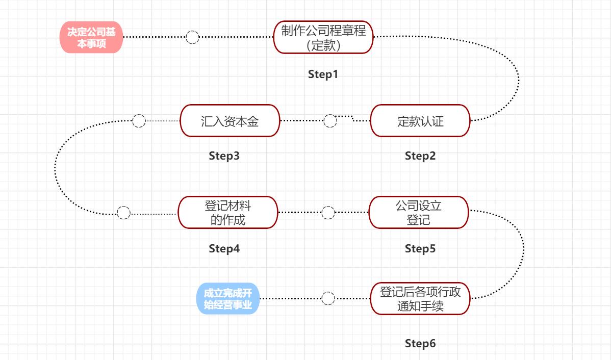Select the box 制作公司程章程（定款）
coord(323,37)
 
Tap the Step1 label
coord(323,74)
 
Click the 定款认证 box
coord(420,121)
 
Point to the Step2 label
coord(420,156)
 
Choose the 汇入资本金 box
coord(230,121)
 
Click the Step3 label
coord(224,156)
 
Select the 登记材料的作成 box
coord(228,213)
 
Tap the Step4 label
coord(224,249)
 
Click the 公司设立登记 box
coord(419,213)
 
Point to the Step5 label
coord(420,249)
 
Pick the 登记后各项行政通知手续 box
coord(420,299)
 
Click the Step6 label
coord(420,343)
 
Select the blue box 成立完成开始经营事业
coord(228,299)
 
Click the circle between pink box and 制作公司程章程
coord(192,37)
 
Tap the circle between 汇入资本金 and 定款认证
coord(330,121)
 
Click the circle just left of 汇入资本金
coord(139,121)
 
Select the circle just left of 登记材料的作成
coord(123,213)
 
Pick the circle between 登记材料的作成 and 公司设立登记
coord(328,213)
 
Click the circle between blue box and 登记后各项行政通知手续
coord(328,298)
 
